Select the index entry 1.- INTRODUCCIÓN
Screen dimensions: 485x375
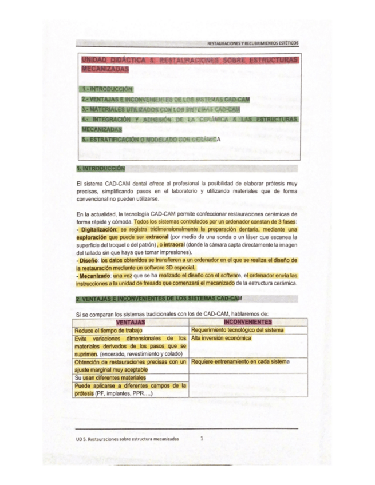pos(107,89)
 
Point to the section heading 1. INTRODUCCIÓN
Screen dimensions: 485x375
pos(100,169)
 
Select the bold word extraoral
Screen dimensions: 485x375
pos(157,236)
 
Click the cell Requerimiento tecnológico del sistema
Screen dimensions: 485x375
pos(238,330)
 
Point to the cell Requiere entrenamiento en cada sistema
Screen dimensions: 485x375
pos(240,361)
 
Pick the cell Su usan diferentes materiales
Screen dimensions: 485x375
pos(110,377)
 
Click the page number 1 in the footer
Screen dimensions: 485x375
pos(203,438)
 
